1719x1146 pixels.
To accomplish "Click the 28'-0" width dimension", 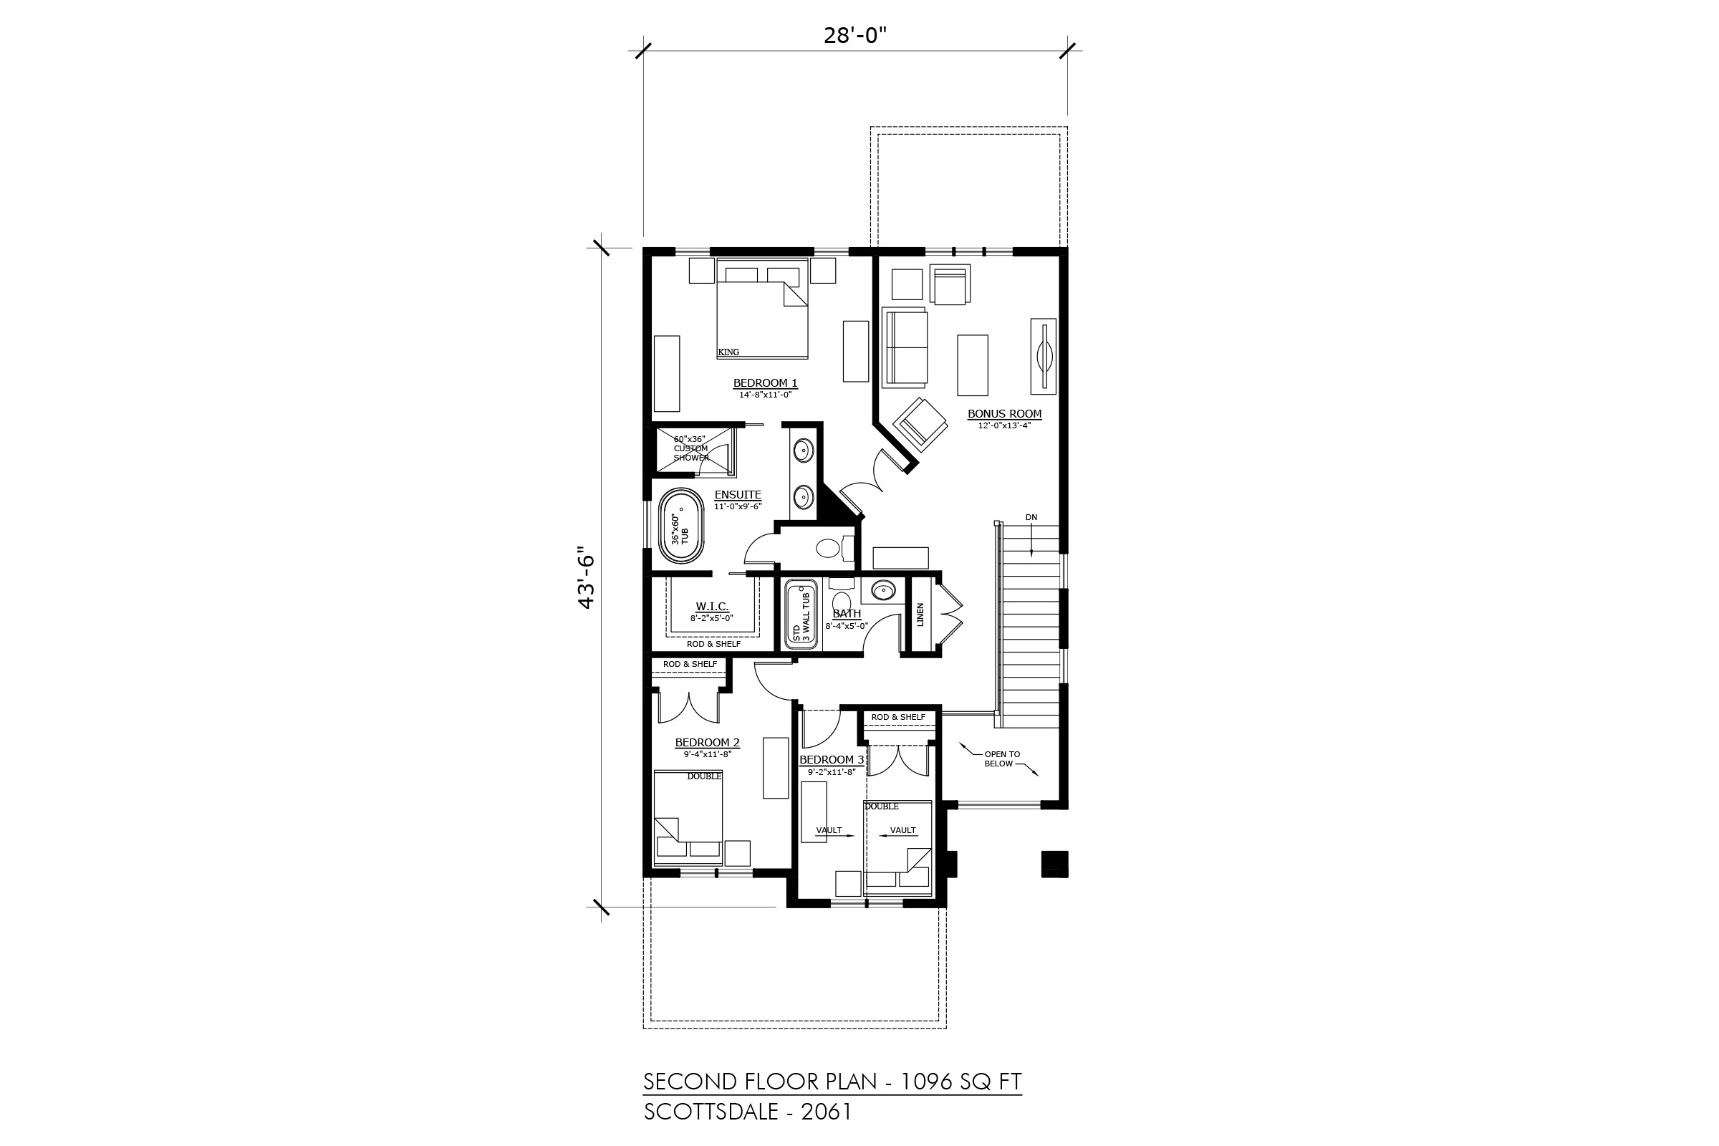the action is coord(855,34).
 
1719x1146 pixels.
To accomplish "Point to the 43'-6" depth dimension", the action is coord(586,577).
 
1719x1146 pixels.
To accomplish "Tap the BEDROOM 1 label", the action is coord(765,383).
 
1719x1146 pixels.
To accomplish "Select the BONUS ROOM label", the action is coord(1004,414).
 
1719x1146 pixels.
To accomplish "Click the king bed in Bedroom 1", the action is coord(762,309).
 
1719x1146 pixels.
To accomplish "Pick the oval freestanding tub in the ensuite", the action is coord(681,526).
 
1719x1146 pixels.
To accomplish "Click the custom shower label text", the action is coord(690,448).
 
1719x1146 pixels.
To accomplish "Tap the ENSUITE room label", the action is coord(738,495).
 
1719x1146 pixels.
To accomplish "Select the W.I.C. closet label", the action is coord(712,607).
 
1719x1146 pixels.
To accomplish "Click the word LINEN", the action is coord(920,615).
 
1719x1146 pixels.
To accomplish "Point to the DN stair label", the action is coord(1031,517).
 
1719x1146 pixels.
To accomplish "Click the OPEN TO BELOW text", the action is coord(1001,759).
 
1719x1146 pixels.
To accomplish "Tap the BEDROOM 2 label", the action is coord(707,743).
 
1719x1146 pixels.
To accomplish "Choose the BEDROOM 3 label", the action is coord(832,759).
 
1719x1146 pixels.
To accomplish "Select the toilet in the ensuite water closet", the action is coord(834,547).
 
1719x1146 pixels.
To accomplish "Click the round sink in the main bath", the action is coord(885,589).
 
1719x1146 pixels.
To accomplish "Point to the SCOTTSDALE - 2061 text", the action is coord(748,1112).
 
